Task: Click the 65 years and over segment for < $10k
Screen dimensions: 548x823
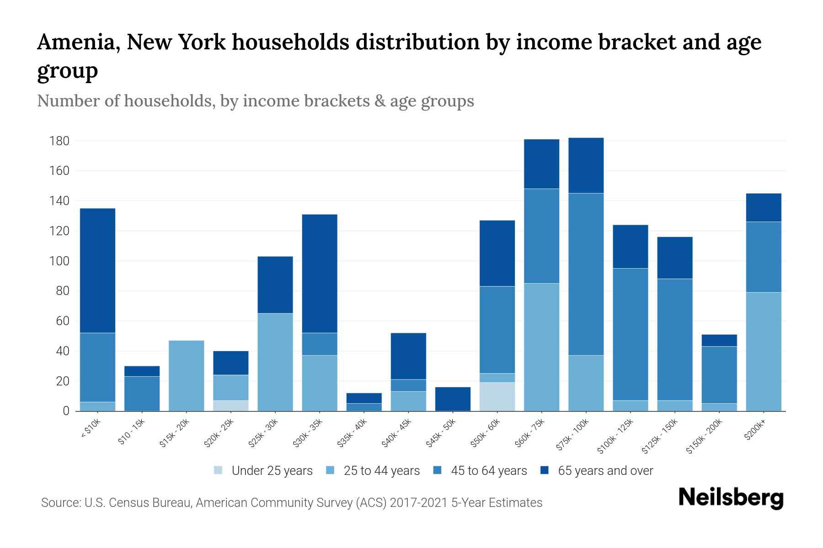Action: pos(97,270)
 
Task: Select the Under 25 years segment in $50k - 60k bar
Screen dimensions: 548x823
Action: pos(497,396)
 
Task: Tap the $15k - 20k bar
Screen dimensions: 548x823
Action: pos(186,375)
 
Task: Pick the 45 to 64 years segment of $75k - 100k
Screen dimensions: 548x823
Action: pos(586,274)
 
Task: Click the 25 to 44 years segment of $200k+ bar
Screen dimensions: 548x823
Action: pos(763,351)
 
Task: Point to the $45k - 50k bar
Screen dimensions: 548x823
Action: pos(453,399)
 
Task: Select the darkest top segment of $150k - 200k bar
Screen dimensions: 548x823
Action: pos(719,340)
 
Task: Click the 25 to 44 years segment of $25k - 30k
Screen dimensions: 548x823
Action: pos(275,362)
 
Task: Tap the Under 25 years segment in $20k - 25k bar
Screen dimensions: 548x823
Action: pos(230,406)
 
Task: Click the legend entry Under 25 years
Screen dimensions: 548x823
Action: pos(272,471)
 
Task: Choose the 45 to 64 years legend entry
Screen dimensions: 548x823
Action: pos(488,471)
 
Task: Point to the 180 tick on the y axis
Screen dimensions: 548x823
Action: pos(59,141)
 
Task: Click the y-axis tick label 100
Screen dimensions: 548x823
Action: pos(59,261)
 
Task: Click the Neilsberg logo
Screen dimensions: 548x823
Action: pos(731,498)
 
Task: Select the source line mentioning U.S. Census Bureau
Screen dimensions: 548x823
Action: pos(292,503)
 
